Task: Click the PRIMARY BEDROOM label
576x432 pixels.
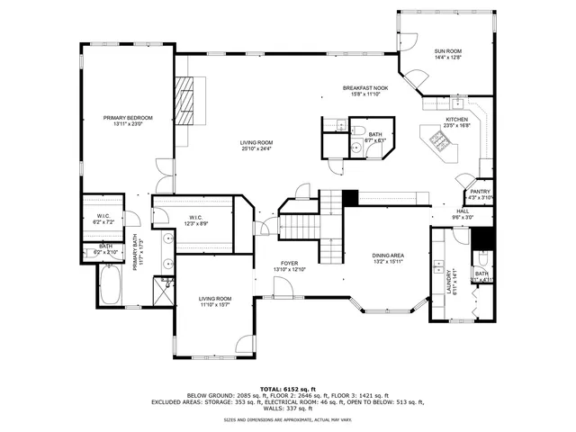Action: [127, 118]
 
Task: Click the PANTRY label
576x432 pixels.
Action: [479, 192]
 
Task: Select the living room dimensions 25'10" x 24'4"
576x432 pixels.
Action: [256, 148]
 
